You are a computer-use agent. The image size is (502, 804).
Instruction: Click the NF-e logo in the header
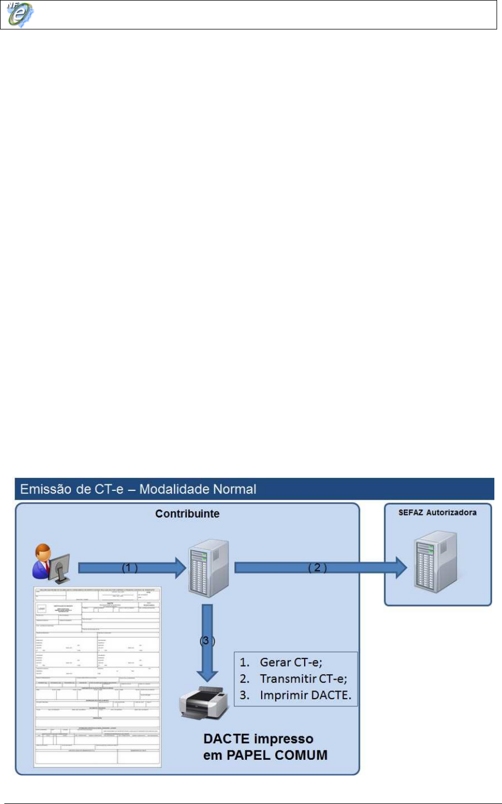pos(20,15)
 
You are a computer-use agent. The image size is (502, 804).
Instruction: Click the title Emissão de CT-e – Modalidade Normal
pos(138,489)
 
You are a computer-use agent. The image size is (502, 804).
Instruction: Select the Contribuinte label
pos(187,514)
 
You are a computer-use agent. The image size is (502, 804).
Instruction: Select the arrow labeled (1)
pos(132,568)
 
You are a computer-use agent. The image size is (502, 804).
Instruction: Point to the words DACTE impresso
pos(258,739)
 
